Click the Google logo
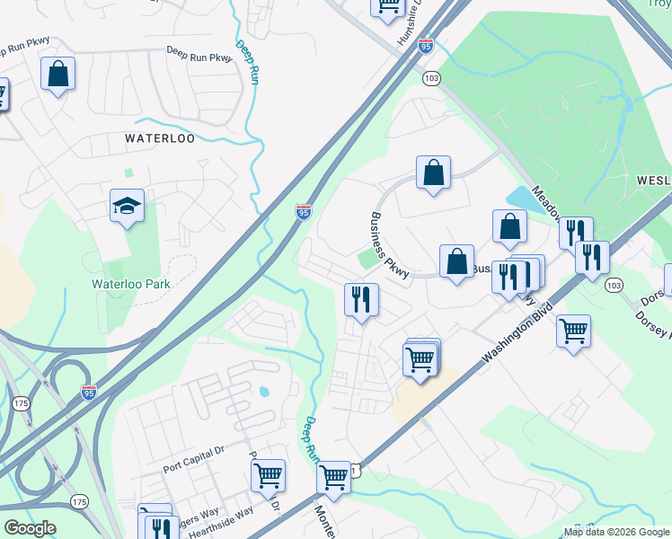[x=30, y=528]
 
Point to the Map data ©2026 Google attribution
[x=617, y=532]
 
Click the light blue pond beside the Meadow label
[x=525, y=199]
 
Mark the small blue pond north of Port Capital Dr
[x=265, y=392]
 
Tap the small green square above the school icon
[x=128, y=172]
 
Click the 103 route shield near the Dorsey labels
[x=614, y=285]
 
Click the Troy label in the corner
[x=659, y=4]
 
